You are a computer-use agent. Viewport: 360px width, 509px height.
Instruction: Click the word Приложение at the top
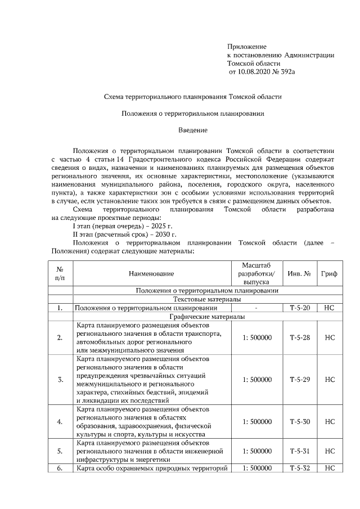click(246, 46)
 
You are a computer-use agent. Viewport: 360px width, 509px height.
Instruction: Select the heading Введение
click(193, 130)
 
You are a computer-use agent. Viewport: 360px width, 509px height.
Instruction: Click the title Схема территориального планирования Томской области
click(193, 97)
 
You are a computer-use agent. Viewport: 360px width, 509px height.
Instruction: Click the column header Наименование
click(151, 273)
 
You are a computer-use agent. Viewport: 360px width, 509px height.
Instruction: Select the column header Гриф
click(330, 273)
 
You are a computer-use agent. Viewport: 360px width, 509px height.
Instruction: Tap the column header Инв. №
click(299, 273)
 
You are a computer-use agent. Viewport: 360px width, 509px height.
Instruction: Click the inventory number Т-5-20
click(299, 308)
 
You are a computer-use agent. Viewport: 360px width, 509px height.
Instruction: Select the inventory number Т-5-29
click(299, 379)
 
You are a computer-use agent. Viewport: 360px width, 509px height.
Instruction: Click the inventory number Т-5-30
click(299, 421)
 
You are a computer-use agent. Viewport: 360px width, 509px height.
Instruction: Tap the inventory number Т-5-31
click(299, 451)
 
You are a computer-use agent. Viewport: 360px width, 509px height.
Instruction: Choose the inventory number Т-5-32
click(299, 468)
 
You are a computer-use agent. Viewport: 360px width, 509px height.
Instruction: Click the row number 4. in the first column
click(60, 421)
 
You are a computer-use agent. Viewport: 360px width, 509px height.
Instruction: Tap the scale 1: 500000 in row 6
click(257, 468)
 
